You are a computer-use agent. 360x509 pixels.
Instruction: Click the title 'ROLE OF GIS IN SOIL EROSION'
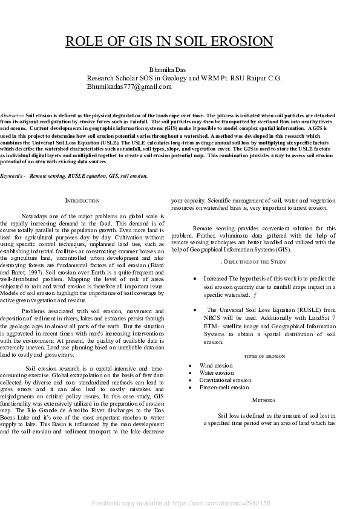169,42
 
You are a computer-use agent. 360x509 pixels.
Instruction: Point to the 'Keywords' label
11,176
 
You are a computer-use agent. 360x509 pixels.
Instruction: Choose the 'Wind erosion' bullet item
216,366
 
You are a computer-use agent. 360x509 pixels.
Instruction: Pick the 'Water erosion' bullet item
216,373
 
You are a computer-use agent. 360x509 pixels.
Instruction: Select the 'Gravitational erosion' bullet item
224,380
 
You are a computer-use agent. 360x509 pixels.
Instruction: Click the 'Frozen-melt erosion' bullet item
224,387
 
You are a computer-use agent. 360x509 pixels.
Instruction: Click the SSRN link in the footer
181,503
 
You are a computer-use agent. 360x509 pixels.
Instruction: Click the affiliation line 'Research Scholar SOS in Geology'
184,79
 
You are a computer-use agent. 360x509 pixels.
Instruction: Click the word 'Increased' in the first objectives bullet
215,279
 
